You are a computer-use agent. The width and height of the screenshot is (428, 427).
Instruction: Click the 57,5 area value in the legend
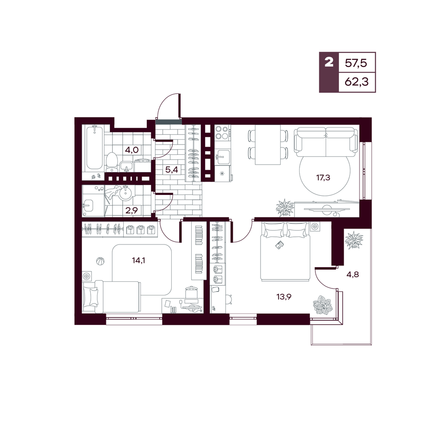point(356,63)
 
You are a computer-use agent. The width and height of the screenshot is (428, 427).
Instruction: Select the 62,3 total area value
point(357,82)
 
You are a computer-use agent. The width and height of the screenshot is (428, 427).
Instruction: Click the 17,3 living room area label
point(323,178)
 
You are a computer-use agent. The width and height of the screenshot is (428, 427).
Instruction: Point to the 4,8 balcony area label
point(353,274)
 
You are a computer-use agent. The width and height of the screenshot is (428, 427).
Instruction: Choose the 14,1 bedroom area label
point(138,260)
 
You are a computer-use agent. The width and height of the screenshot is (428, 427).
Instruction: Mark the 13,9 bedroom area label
point(284,296)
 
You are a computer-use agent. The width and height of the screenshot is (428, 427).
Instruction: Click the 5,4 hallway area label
point(172,170)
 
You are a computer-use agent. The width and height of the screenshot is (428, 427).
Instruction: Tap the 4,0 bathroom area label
point(132,150)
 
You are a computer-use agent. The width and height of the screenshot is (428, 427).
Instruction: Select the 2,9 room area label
point(131,210)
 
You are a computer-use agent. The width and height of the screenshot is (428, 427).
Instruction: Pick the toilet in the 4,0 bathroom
point(111,162)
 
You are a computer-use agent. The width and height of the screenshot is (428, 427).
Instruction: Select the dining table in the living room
point(268,145)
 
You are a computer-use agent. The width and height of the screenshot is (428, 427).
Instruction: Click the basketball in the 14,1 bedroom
point(100,261)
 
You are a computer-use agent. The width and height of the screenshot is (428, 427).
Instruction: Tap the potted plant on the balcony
point(354,240)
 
